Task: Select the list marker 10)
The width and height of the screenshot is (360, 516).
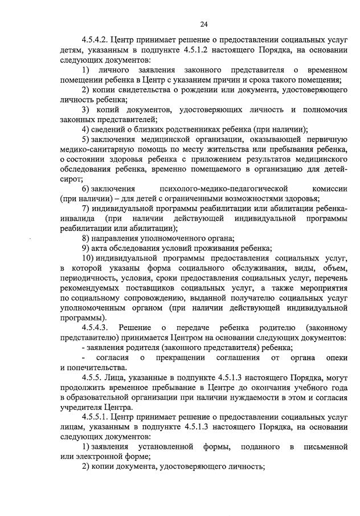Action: [87, 258]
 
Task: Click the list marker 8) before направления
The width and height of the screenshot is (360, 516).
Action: [85, 238]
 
